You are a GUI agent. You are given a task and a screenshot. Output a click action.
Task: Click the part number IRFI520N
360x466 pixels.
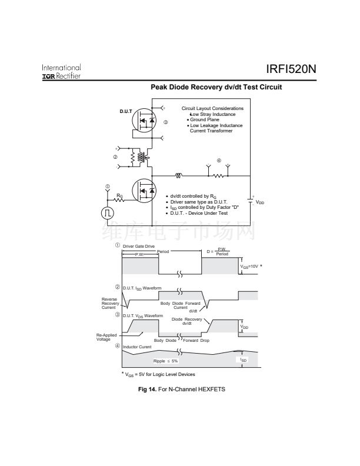pyautogui.click(x=291, y=69)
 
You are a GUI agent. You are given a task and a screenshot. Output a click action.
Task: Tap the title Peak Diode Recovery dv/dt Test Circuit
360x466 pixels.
pyautogui.click(x=216, y=87)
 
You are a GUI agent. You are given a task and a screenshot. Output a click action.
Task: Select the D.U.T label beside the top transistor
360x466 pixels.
pyautogui.click(x=126, y=111)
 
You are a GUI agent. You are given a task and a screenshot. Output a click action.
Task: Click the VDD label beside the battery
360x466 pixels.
pyautogui.click(x=259, y=202)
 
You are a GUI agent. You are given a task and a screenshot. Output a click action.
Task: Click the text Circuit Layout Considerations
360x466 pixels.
pyautogui.click(x=212, y=108)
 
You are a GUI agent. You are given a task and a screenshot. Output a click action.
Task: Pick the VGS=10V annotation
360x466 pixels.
pyautogui.click(x=250, y=267)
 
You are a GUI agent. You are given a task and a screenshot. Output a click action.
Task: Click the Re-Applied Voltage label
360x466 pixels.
pyautogui.click(x=107, y=337)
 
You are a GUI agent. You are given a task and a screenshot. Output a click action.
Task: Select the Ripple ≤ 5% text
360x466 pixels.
pyautogui.click(x=166, y=361)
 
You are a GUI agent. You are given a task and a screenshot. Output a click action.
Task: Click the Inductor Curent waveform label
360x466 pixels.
pyautogui.click(x=138, y=347)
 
